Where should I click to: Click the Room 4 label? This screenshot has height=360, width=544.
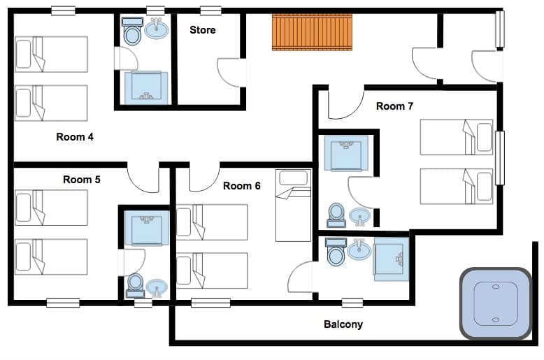(75, 137)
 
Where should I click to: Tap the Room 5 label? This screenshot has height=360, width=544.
(82, 180)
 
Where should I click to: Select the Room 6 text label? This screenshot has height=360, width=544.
(242, 186)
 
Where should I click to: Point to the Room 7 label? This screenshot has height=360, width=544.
(394, 106)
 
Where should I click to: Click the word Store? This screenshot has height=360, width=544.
(203, 30)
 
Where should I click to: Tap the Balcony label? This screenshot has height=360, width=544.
(343, 324)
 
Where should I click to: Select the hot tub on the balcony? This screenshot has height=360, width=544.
(496, 304)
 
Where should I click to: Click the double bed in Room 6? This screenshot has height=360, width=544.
(293, 206)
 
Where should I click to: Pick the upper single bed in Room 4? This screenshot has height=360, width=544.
(51, 55)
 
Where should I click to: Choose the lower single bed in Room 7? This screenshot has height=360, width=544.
(456, 186)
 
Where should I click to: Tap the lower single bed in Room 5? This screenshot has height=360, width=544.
(51, 257)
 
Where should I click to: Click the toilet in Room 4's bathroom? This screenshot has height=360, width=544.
(131, 32)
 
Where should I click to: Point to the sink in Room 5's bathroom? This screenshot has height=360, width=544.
(157, 287)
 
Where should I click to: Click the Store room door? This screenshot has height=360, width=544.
(231, 72)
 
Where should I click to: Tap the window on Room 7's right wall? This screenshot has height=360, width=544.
(499, 158)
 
